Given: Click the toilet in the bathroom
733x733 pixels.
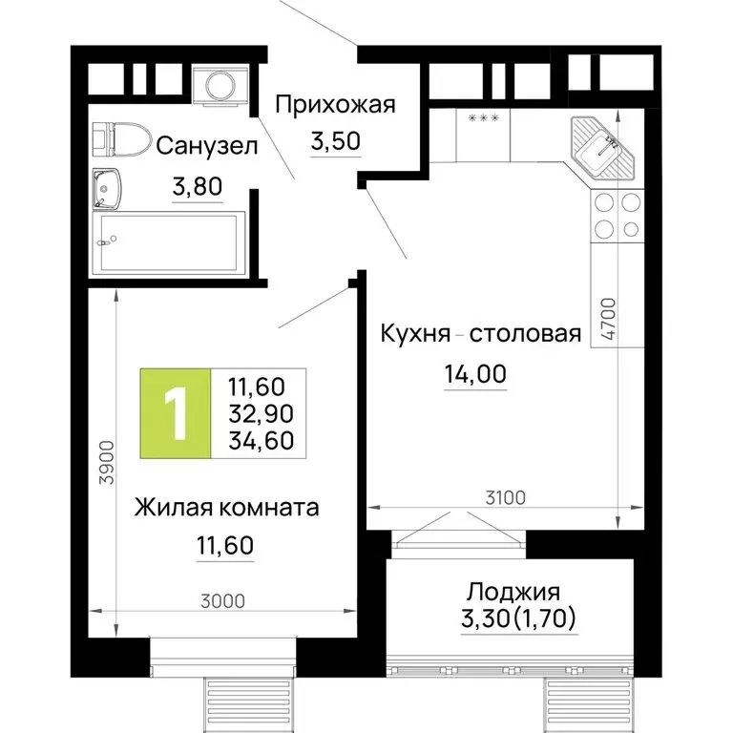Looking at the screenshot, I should click(x=122, y=139).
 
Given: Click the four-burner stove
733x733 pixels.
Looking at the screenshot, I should click(x=617, y=216).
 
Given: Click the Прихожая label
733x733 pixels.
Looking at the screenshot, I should click(x=334, y=105).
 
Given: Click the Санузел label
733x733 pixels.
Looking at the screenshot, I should click(x=207, y=146).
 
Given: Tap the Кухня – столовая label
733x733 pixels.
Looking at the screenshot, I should click(x=480, y=334).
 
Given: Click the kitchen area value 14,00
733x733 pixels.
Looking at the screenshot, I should click(x=473, y=375).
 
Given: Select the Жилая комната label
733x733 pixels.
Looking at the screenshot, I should click(x=226, y=506).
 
